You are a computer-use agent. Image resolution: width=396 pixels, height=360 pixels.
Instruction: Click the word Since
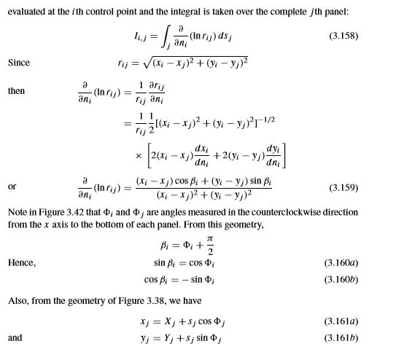coord(19,63)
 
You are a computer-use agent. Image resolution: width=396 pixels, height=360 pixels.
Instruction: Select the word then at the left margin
coord(16,92)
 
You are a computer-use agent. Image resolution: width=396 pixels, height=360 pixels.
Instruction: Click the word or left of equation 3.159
coord(12,187)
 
